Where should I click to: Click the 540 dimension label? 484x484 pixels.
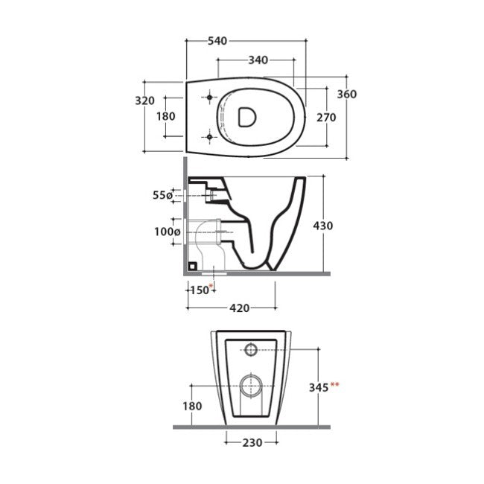pos(217,41)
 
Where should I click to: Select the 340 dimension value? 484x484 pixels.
pos(258,60)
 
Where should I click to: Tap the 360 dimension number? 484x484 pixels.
pos(347,94)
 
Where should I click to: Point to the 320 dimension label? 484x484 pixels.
pos(144,101)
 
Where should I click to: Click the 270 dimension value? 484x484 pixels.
pos(326,118)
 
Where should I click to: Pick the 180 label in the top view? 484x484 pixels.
pos(166,116)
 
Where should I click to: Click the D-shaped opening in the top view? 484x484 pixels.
pos(247,117)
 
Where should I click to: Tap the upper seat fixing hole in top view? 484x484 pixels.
pos(210,98)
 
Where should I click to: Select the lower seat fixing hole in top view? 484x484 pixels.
pos(210,136)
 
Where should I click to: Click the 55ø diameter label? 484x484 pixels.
pos(162,195)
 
